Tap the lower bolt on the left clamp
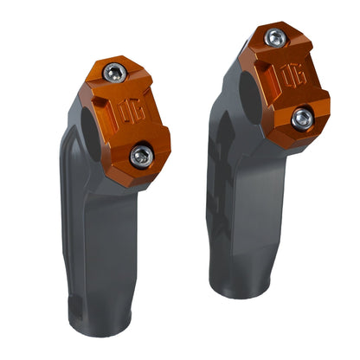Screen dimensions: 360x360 (141, 155)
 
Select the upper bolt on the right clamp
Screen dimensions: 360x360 (274, 37)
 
